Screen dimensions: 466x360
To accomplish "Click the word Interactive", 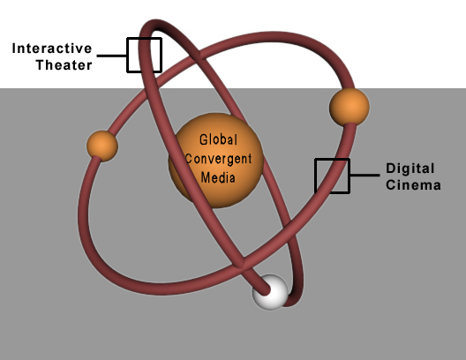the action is click(x=52, y=49).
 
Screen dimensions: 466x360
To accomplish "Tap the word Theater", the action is click(x=64, y=65).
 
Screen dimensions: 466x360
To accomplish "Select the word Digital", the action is click(x=410, y=169).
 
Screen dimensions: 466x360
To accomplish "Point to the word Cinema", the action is click(x=413, y=185).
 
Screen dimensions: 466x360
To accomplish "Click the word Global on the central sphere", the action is click(x=219, y=139).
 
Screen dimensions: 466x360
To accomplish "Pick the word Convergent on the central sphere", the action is click(x=219, y=159).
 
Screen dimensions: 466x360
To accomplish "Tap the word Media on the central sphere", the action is click(x=218, y=177).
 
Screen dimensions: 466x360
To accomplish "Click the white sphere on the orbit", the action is click(x=270, y=292).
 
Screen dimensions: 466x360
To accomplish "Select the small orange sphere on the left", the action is click(x=102, y=146).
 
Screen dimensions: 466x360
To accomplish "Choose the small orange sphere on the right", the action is click(x=349, y=107).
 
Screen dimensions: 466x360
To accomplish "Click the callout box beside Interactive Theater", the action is click(x=145, y=38).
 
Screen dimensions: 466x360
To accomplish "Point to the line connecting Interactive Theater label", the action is click(x=112, y=56).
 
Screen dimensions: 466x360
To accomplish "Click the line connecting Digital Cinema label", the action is click(x=365, y=176).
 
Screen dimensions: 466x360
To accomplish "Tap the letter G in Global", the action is click(x=204, y=139).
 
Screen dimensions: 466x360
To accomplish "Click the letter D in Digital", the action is click(x=390, y=169).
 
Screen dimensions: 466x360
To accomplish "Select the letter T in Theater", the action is click(x=41, y=64).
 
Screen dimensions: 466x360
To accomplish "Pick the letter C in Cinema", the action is click(x=390, y=185).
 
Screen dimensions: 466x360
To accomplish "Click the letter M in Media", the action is click(x=206, y=177).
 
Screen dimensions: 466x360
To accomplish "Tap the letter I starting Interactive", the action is click(x=13, y=49).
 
